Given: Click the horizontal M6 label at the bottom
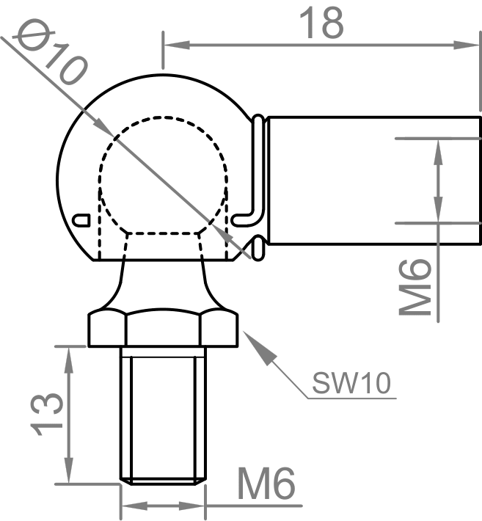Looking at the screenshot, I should coord(266,485).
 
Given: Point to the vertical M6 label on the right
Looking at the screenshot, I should coord(416,287).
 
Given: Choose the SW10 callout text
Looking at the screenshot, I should coord(351,382).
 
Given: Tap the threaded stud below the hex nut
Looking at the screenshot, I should coord(164,415).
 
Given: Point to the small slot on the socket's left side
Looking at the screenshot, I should coord(82,219).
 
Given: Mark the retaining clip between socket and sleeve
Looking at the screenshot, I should coord(255,183).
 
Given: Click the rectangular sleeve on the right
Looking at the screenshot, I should coord(370,180).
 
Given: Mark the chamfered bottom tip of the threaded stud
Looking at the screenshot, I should coord(164,481).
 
